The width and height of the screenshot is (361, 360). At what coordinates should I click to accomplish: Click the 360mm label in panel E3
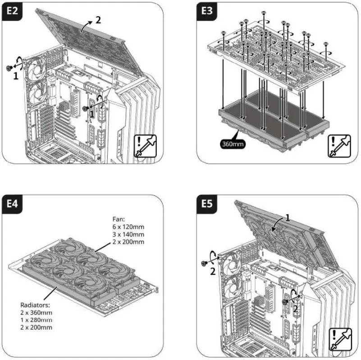pyautogui.click(x=232, y=145)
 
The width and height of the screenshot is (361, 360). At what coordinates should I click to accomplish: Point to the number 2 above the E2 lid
pyautogui.click(x=98, y=21)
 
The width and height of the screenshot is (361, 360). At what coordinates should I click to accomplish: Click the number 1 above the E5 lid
pyautogui.click(x=288, y=217)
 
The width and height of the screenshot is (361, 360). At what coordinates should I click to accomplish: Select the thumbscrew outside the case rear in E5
pyautogui.click(x=204, y=263)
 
